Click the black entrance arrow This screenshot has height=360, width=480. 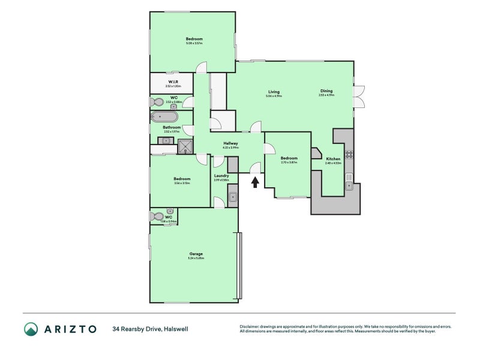(x=256, y=181)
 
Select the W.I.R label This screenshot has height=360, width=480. (x=172, y=82)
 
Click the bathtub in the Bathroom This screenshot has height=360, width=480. (x=164, y=117)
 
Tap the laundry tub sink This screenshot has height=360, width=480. (x=233, y=196)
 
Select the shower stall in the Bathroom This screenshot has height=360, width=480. (x=185, y=146)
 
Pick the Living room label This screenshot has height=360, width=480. (x=274, y=91)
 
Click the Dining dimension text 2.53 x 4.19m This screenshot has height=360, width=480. (x=326, y=96)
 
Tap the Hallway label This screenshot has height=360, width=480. (x=230, y=143)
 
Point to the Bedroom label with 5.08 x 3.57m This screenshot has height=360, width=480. (x=194, y=39)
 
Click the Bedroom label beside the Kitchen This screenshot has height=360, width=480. (x=289, y=158)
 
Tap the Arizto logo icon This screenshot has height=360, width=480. (x=31, y=329)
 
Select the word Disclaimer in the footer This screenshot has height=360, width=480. (x=252, y=326)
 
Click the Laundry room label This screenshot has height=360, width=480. (x=221, y=176)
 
